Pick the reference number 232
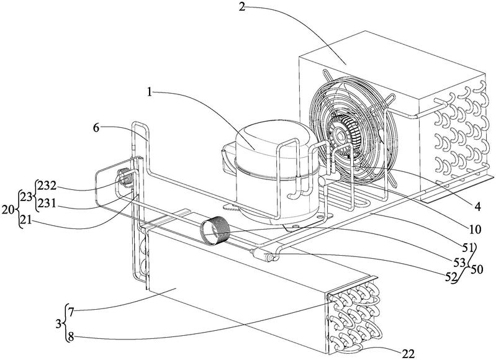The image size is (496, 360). coord(48,185)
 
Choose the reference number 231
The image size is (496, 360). coord(48,201)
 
